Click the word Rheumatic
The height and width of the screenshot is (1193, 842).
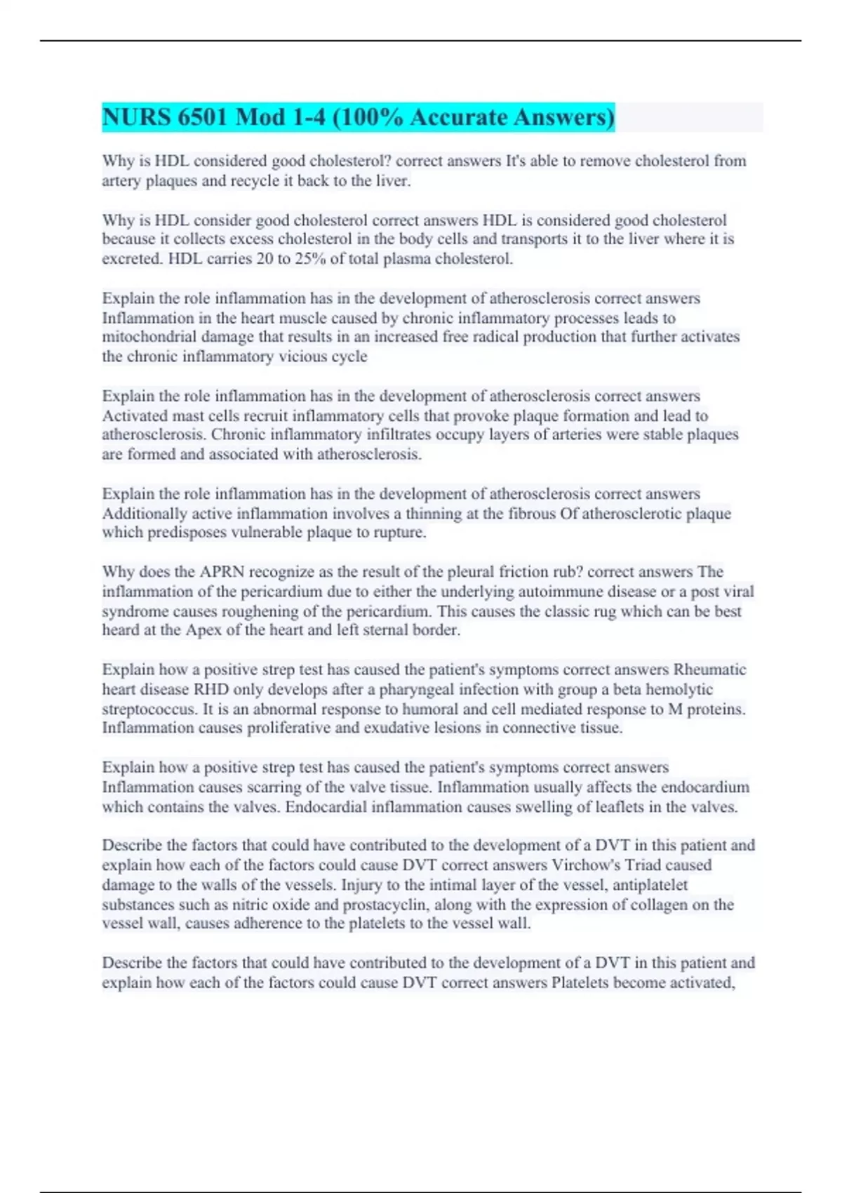point(709,669)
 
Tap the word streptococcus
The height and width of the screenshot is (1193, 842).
point(149,709)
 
